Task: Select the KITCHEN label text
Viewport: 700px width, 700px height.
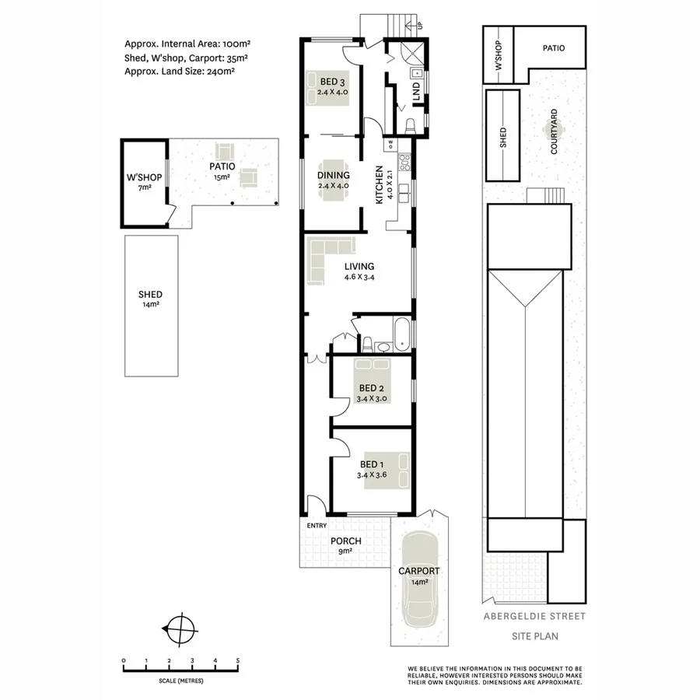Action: coord(380,185)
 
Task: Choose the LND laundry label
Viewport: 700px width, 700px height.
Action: coord(416,90)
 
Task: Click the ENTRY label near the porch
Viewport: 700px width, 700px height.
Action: coord(317,527)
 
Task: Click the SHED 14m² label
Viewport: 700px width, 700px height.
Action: coord(150,299)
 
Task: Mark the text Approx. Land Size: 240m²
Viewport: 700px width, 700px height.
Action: coord(180,71)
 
